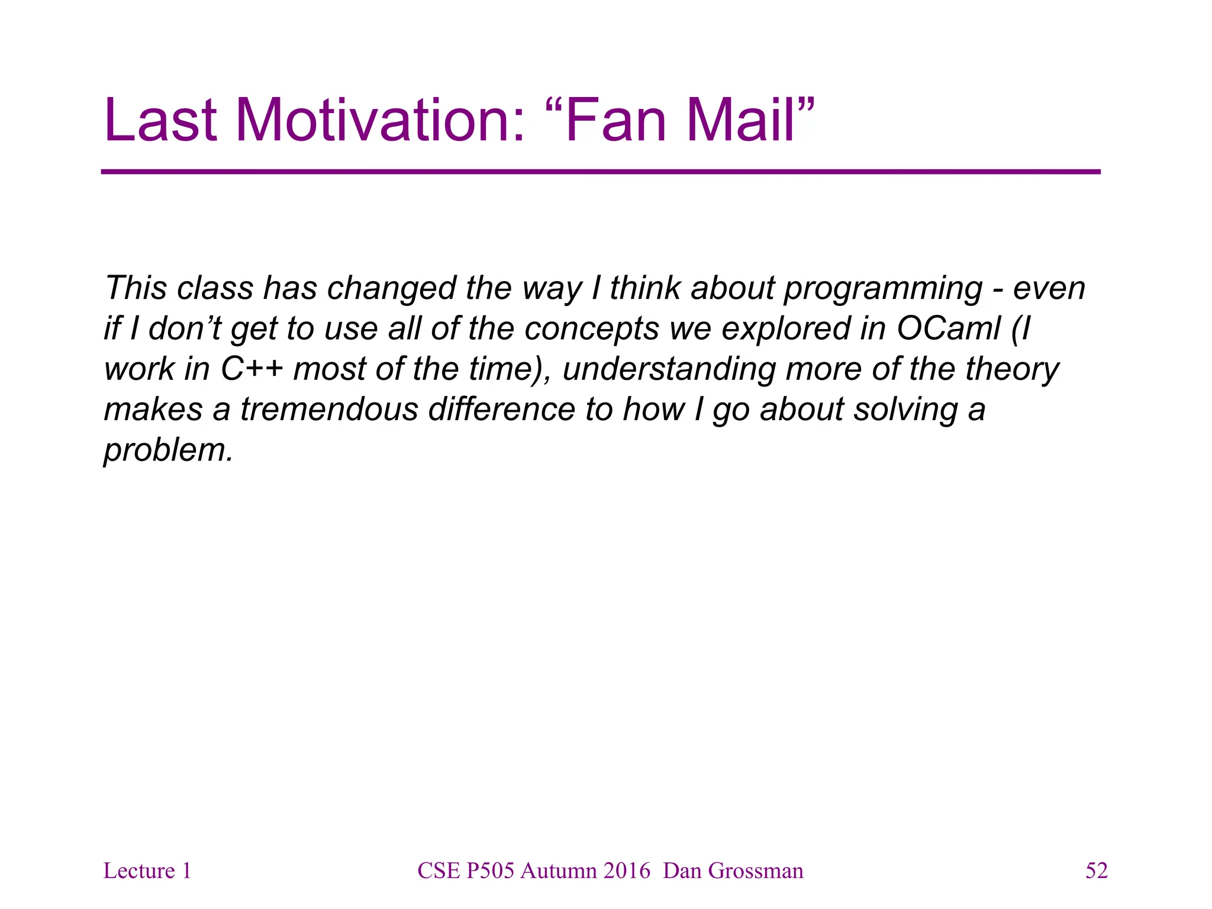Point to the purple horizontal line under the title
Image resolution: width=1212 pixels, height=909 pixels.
coord(600,172)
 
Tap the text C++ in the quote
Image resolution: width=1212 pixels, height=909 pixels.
coord(252,369)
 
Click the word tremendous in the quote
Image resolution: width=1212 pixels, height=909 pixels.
coord(329,410)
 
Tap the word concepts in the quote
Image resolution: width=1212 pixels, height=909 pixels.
coord(591,330)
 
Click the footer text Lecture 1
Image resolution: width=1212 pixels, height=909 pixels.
coord(147,871)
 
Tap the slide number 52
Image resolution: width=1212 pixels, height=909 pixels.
coord(1096,871)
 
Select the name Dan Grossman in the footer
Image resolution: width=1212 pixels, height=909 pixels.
coord(733,871)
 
